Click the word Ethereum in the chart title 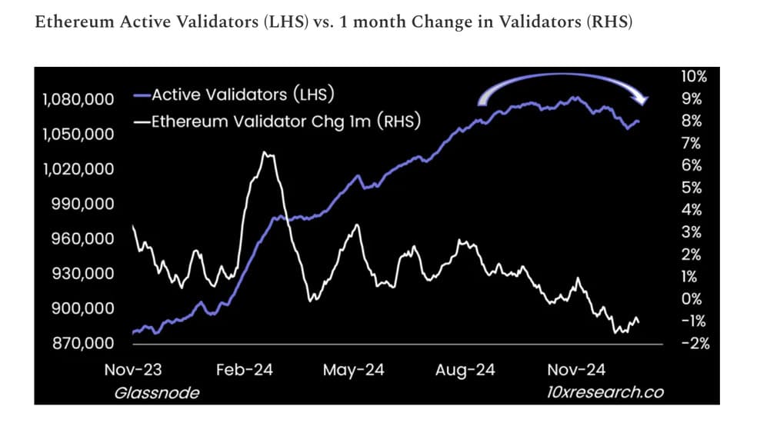(x=75, y=22)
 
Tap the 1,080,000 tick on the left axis (x=78, y=99)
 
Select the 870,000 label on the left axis (x=83, y=343)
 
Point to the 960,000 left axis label (x=82, y=238)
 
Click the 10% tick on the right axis (x=694, y=76)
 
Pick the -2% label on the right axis (x=695, y=344)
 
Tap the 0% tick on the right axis (x=692, y=299)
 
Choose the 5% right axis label (x=692, y=188)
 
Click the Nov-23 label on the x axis (x=133, y=370)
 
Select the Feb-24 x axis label (x=245, y=370)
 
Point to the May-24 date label (x=353, y=370)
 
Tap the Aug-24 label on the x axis (x=465, y=370)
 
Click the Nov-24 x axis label (x=576, y=370)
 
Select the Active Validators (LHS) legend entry (x=234, y=95)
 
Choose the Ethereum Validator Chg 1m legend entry (x=277, y=121)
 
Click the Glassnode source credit (x=156, y=393)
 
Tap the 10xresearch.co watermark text (x=605, y=392)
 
